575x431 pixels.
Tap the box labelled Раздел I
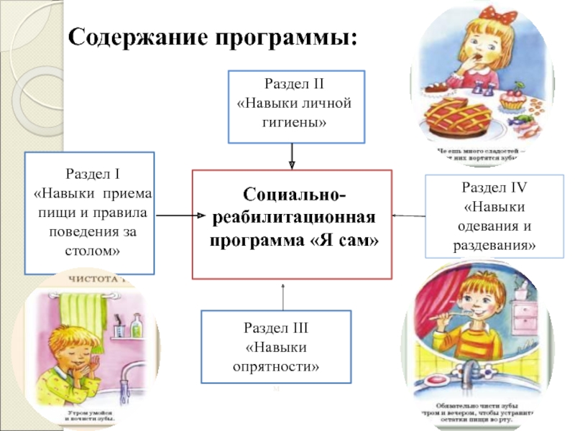point(90,213)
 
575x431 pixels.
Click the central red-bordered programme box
point(293,224)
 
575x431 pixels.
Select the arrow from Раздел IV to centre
point(409,215)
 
